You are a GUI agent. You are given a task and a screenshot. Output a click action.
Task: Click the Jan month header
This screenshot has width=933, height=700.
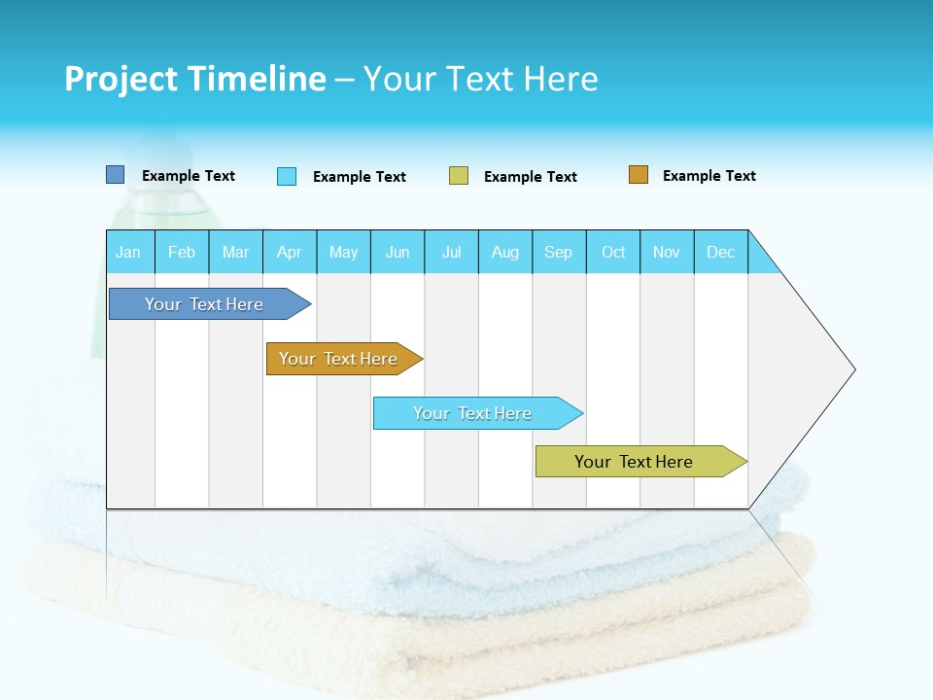click(129, 252)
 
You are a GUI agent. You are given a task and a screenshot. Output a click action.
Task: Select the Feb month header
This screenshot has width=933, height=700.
click(182, 252)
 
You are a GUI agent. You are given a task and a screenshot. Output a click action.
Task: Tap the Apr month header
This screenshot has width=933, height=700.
click(290, 252)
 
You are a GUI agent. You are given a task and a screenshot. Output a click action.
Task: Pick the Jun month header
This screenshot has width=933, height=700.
click(397, 252)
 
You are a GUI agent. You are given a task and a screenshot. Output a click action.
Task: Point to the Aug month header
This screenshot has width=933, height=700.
click(505, 252)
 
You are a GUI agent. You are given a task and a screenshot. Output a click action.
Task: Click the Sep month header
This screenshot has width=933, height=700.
click(559, 252)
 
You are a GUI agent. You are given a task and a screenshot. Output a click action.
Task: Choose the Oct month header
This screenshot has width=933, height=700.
click(613, 252)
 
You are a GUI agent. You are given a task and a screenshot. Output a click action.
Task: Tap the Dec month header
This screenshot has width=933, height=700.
click(721, 252)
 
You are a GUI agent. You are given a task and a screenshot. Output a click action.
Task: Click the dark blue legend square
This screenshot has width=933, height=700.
click(116, 175)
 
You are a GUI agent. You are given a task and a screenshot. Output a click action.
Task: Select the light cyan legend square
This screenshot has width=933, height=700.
click(287, 176)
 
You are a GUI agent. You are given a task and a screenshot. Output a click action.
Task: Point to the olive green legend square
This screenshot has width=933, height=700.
click(459, 176)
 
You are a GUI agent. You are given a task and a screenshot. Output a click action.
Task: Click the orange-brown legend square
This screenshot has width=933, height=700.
click(639, 175)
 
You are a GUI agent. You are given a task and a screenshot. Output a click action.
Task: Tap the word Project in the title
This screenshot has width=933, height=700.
click(121, 79)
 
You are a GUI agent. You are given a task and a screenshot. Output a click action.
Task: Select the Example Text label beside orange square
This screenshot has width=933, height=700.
click(708, 176)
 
